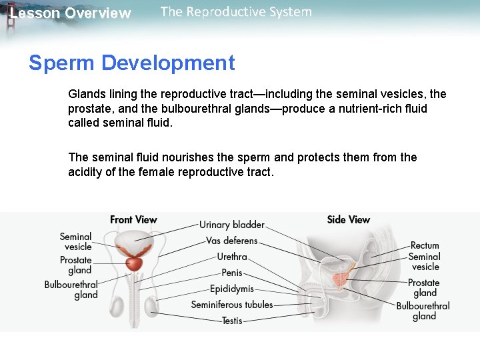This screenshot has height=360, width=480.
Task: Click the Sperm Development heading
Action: [131, 63]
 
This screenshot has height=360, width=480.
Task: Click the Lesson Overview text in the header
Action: [70, 13]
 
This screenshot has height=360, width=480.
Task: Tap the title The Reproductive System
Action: [236, 12]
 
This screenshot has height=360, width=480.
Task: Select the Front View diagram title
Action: [133, 219]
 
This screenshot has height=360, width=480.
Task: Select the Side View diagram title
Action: [348, 219]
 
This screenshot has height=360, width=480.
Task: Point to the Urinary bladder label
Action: [232, 225]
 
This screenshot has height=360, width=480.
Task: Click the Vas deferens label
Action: [231, 241]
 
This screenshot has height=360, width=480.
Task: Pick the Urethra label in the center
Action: [232, 257]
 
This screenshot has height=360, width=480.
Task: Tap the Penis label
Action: [232, 273]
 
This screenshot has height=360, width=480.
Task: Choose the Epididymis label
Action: [232, 289]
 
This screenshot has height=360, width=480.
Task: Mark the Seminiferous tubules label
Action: [232, 305]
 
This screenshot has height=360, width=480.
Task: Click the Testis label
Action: [232, 321]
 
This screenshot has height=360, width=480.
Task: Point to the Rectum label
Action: [425, 245]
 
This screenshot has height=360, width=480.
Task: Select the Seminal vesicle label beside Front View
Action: [76, 242]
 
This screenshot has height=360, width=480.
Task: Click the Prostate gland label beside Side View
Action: [424, 287]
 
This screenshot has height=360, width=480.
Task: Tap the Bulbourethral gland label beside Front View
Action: [71, 289]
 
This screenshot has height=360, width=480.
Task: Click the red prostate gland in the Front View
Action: [135, 263]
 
